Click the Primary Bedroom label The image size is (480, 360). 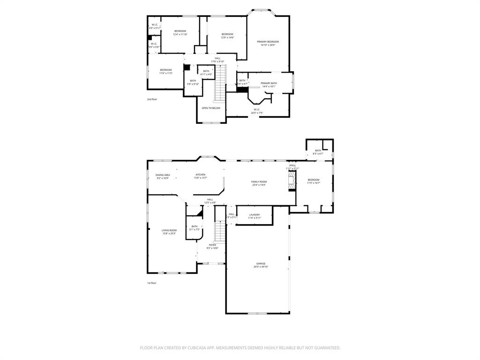[x=268, y=42]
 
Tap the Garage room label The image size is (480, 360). [x=261, y=263]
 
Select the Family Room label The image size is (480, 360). [x=259, y=181]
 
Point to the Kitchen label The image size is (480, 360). [x=200, y=175]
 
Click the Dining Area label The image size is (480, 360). [x=163, y=175]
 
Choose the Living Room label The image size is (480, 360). [x=169, y=230]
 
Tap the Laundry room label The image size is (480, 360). [x=255, y=215]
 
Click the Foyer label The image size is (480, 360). [x=212, y=245]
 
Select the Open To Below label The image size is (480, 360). [x=211, y=108]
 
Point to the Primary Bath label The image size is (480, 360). [x=269, y=83]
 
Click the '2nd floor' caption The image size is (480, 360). [x=152, y=99]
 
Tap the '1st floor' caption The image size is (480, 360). [x=152, y=283]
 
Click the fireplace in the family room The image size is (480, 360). [x=292, y=181]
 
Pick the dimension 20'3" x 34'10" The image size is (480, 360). [x=261, y=267]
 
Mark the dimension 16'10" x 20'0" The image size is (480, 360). [x=268, y=45]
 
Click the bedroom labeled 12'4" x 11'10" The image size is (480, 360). [x=180, y=32]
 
